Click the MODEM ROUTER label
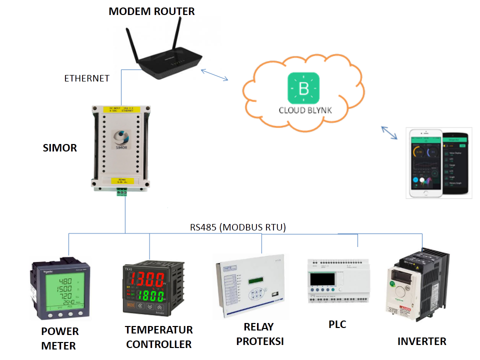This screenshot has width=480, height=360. [x=151, y=11]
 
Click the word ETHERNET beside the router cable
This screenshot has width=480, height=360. [x=86, y=78]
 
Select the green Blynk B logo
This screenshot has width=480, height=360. [x=303, y=89]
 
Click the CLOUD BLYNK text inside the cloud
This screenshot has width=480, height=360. [x=305, y=110]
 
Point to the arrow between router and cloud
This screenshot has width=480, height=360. [x=215, y=74]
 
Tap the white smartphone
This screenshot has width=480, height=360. [x=424, y=163]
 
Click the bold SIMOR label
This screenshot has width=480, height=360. [x=60, y=148]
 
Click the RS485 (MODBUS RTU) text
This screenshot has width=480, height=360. [x=237, y=227]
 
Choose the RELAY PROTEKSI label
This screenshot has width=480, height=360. [x=259, y=334]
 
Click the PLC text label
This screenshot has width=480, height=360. [x=337, y=324]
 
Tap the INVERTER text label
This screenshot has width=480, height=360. [x=421, y=341]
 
